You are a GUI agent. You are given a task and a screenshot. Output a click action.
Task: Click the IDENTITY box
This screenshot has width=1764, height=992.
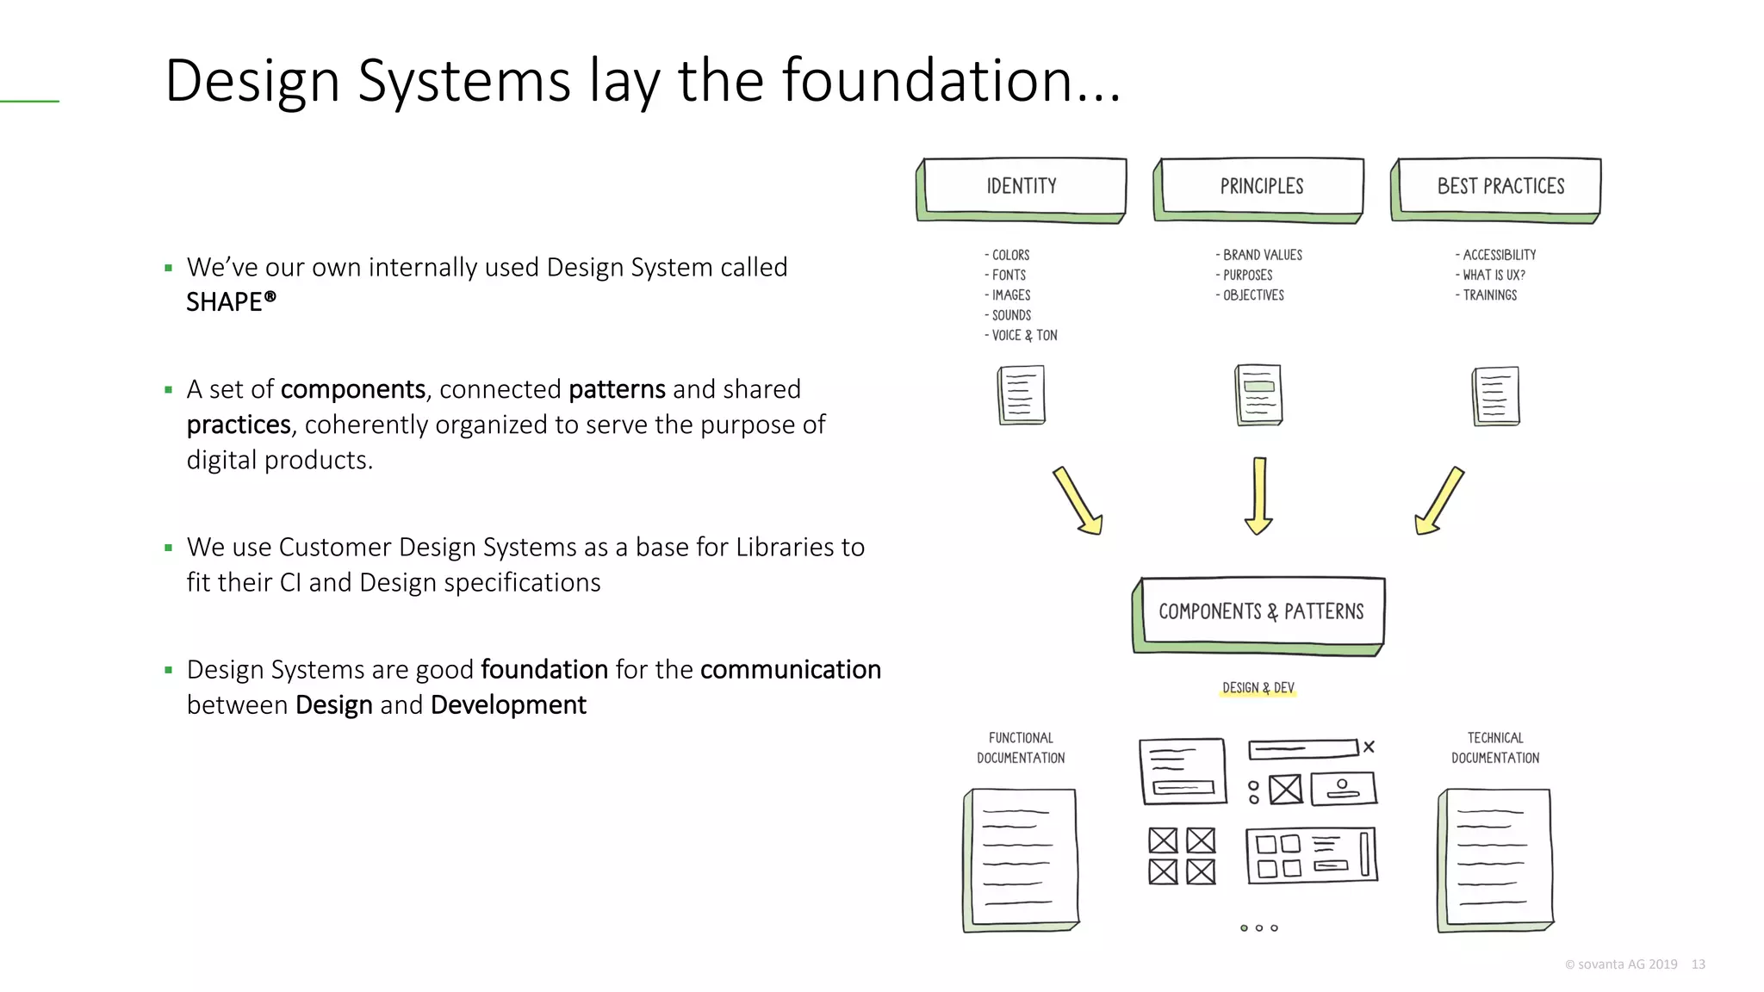(x=1022, y=187)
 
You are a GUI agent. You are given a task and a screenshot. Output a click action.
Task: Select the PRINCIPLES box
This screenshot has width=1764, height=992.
(x=1260, y=187)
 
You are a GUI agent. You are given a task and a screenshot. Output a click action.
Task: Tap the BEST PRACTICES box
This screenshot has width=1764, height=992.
(x=1499, y=187)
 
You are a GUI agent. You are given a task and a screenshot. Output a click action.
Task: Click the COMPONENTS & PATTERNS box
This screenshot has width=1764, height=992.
(x=1260, y=612)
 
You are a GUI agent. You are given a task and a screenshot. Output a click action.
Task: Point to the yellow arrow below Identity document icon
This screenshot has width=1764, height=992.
(x=1078, y=501)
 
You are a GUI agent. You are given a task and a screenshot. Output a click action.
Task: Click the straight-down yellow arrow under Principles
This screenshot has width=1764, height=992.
(x=1258, y=496)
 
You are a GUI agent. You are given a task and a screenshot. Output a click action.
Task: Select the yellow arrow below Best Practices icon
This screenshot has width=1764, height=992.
(x=1439, y=501)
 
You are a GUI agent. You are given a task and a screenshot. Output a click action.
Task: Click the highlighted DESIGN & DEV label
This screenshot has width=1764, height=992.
(x=1258, y=688)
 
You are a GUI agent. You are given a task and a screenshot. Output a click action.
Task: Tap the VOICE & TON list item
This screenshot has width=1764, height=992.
(x=1023, y=336)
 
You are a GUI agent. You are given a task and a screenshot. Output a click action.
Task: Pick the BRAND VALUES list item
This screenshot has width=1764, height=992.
(x=1261, y=256)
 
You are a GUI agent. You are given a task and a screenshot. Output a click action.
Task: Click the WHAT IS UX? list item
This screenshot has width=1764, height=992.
(x=1493, y=276)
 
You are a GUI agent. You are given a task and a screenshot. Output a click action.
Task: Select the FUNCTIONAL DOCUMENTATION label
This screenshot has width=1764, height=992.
(x=1021, y=748)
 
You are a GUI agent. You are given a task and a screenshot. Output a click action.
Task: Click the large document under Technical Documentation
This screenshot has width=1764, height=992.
(x=1496, y=859)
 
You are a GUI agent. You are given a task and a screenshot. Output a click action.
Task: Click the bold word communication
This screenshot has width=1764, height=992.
(x=790, y=670)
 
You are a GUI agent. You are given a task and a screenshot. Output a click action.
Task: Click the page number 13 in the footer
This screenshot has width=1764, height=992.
(x=1698, y=964)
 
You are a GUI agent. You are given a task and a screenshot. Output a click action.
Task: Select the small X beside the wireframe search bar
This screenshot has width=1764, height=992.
(x=1369, y=747)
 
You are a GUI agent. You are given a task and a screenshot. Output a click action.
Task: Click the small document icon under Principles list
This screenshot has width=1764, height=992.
(x=1258, y=395)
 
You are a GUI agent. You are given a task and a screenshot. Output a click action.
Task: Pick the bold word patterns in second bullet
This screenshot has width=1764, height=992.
(x=617, y=389)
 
